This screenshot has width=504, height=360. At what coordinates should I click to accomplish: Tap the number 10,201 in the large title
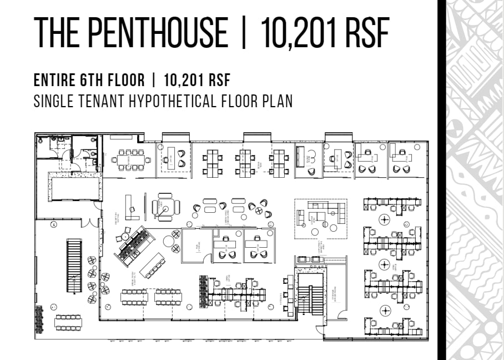coord(297,33)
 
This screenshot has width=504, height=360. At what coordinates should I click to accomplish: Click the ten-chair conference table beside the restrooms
coord(130,159)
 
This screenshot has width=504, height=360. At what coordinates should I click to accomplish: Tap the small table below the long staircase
coord(68,322)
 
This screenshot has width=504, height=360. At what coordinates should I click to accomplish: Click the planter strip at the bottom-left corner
coord(39,319)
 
